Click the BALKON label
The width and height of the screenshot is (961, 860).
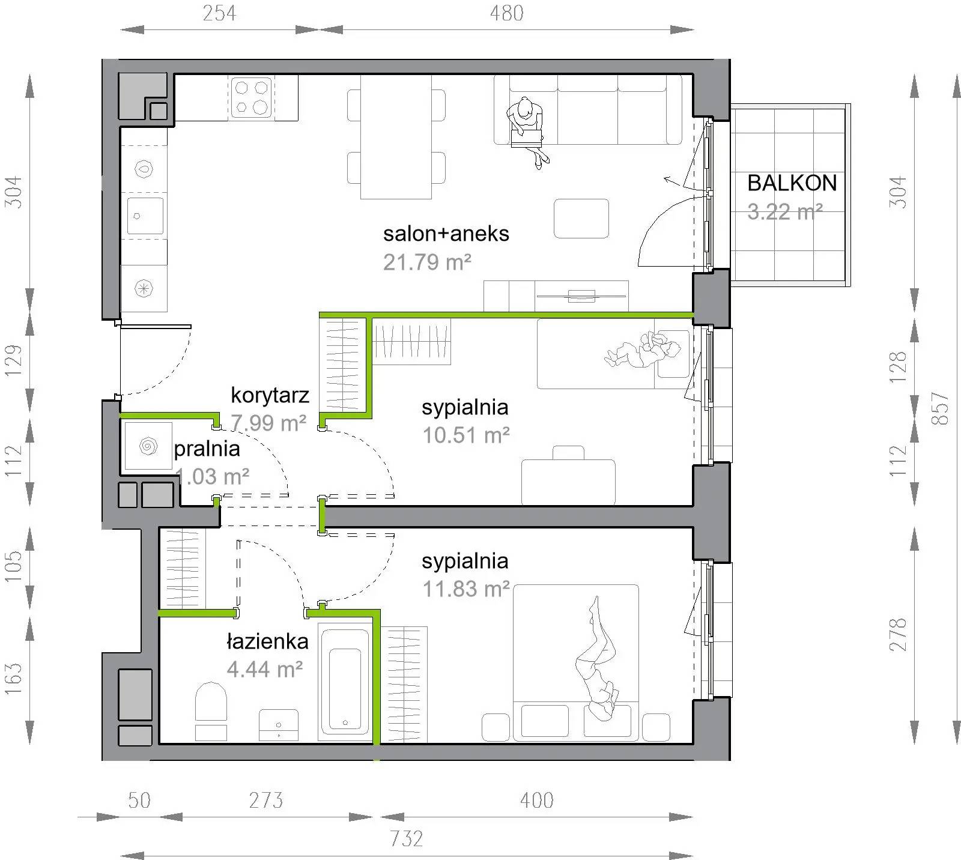click(792, 183)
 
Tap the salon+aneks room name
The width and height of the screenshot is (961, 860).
click(446, 234)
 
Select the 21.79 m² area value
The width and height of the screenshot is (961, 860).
click(427, 262)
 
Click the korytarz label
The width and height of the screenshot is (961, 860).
click(270, 395)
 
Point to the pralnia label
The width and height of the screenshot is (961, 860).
click(207, 449)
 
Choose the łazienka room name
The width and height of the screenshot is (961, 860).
click(267, 641)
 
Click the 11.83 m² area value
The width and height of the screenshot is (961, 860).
click(466, 589)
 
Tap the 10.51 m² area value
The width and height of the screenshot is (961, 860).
click(466, 435)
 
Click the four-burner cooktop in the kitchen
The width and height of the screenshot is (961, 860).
click(252, 97)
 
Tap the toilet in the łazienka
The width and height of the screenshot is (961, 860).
click(211, 710)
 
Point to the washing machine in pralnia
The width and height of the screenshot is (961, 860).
click(147, 446)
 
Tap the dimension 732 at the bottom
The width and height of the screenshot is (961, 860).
click(407, 838)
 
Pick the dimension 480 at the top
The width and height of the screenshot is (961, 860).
click(506, 13)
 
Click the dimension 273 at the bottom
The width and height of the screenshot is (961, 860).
click(266, 800)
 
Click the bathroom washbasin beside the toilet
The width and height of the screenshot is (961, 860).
click(279, 725)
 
